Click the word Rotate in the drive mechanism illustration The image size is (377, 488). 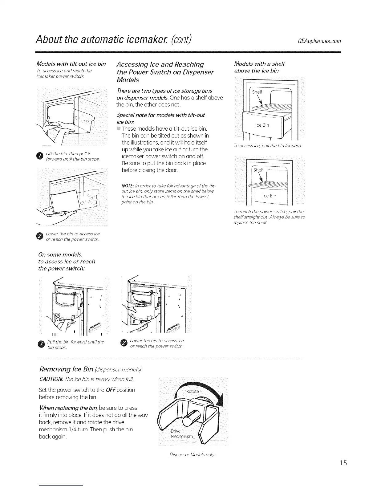click(193, 391)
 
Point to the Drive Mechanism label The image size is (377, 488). click(181, 433)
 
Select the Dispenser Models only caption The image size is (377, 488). click(192, 455)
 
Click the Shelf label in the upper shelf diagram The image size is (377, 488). click(257, 92)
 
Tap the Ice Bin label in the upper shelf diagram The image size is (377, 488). click(262, 125)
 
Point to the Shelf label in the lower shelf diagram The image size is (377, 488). click(258, 170)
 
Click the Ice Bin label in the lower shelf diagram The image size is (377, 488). click(269, 196)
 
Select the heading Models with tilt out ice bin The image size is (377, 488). click(71, 64)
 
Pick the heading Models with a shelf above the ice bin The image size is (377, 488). click(259, 67)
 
